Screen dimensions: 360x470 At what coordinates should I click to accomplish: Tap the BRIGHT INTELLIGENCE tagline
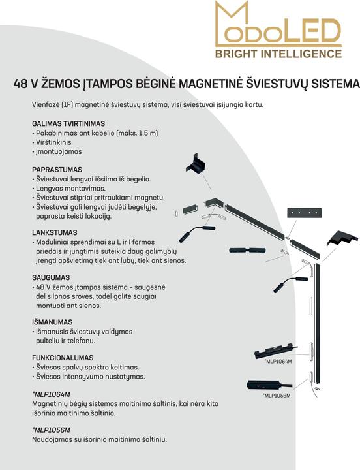278,54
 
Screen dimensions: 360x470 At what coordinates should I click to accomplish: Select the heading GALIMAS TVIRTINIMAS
68,123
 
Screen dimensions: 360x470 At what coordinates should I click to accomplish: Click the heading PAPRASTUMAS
57,170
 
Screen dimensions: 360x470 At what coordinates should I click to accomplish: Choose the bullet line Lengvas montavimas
69,189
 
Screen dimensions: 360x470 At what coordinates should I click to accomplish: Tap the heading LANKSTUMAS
55,232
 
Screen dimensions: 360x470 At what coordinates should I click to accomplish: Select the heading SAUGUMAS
51,277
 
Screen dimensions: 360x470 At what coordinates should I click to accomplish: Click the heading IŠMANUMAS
52,322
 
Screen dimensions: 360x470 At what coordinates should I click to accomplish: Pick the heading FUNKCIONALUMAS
63,358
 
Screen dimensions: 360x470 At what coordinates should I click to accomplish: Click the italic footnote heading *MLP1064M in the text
52,394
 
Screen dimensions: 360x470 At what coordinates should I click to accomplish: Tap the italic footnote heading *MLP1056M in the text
52,430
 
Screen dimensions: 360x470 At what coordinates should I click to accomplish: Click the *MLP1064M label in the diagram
278,362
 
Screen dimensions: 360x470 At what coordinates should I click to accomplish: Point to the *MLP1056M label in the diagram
277,396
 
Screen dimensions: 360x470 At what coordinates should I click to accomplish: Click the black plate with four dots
305,213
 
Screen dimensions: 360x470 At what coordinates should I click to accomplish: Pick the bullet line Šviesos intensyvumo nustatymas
89,377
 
